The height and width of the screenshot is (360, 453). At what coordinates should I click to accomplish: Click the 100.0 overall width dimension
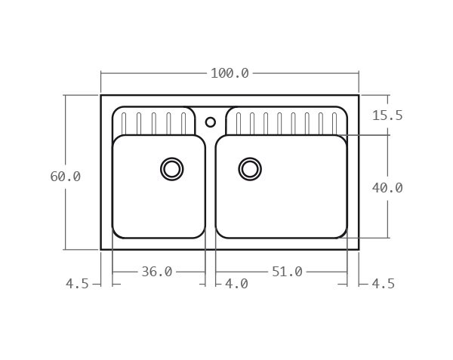point(230,73)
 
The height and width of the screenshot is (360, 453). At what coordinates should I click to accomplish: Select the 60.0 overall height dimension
point(65,176)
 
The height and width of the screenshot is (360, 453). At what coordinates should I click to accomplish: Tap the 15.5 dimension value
point(387,115)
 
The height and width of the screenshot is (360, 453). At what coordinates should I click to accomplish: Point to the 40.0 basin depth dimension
point(387,187)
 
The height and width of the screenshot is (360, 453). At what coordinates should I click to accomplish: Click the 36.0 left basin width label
point(157,272)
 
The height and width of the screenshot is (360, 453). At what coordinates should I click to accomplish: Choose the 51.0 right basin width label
point(287,272)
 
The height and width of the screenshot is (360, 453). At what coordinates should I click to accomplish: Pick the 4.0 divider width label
point(236,285)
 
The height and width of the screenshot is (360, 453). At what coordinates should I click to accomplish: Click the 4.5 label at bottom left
point(77,285)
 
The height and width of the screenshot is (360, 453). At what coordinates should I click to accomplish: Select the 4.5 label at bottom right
point(382,285)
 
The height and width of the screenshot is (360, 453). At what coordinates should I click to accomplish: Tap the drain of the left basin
point(172,168)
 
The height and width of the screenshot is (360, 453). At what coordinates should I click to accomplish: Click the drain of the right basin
point(250,168)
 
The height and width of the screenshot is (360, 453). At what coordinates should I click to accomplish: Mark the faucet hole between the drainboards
point(211,122)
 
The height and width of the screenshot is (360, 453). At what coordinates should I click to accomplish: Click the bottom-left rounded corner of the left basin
point(116,234)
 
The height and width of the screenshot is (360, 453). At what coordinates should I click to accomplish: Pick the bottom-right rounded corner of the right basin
point(344,234)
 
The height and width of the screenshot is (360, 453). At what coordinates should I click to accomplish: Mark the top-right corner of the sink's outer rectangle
point(359,95)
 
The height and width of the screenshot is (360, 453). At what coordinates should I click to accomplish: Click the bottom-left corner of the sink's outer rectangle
point(101,249)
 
